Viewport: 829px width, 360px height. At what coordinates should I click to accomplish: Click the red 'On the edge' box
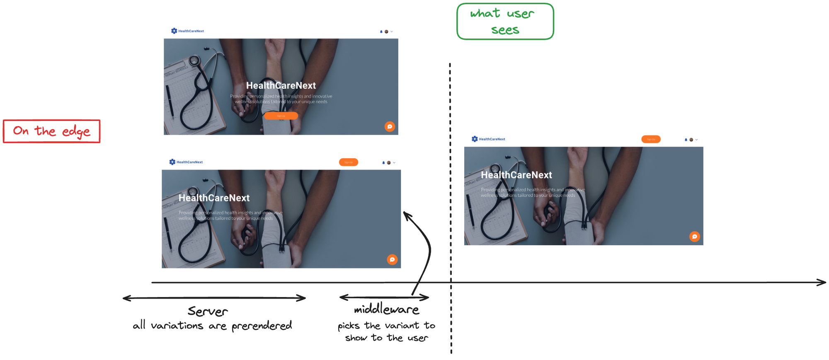coord(51,131)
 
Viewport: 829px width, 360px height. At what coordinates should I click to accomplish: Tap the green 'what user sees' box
coord(505,22)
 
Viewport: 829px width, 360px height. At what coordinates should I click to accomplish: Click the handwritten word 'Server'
coord(208,311)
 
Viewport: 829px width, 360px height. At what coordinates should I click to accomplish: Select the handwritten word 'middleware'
coord(386,309)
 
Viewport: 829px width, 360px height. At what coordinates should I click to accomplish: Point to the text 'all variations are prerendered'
coord(212,326)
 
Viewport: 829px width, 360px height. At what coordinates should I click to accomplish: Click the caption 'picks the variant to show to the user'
coord(386,331)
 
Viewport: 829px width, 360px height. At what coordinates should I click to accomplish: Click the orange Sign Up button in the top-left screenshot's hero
coord(281,116)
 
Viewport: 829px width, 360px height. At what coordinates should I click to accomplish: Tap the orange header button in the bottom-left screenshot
coord(348,162)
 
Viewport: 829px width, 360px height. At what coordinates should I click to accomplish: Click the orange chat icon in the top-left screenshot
coord(390,126)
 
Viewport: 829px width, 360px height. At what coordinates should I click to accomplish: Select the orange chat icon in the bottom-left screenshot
coord(392,260)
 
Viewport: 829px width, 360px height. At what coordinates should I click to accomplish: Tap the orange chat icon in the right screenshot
coord(694,237)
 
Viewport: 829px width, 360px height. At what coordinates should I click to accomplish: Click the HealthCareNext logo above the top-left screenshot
coord(187,31)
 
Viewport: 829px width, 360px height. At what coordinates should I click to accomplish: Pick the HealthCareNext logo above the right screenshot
coord(488,139)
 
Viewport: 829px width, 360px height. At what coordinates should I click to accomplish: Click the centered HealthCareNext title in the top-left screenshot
coord(281,85)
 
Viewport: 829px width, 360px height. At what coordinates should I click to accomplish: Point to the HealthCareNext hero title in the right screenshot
coord(516,175)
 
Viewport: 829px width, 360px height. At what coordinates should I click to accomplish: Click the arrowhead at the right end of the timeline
coord(822,283)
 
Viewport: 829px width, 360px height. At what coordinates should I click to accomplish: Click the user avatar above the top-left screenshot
coord(386,31)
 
